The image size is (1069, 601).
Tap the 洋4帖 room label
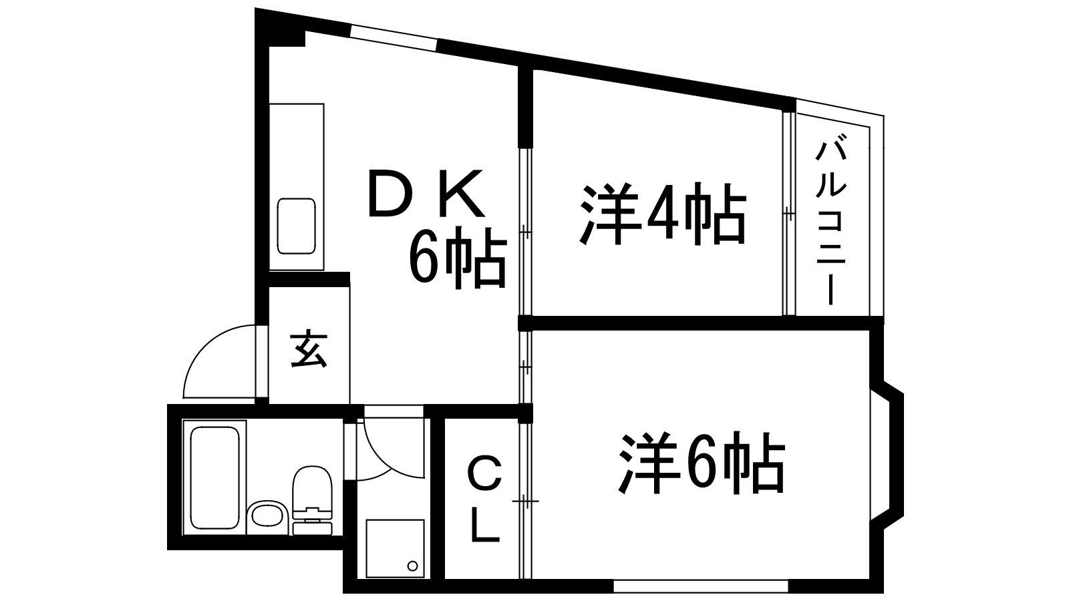[x=662, y=213]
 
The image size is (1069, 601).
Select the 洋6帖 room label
[x=702, y=463]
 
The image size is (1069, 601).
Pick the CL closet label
[x=485, y=498]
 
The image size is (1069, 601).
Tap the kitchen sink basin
[x=297, y=226]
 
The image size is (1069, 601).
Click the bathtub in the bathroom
[x=214, y=477]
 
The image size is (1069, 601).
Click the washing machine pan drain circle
[x=413, y=566]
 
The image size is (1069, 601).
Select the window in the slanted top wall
[x=394, y=37]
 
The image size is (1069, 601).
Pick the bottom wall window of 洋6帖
[x=701, y=586]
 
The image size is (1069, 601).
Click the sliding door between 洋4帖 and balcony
[x=789, y=213]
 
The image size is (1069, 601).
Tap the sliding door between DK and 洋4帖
[x=525, y=232]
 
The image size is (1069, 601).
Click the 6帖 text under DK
[x=457, y=257]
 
